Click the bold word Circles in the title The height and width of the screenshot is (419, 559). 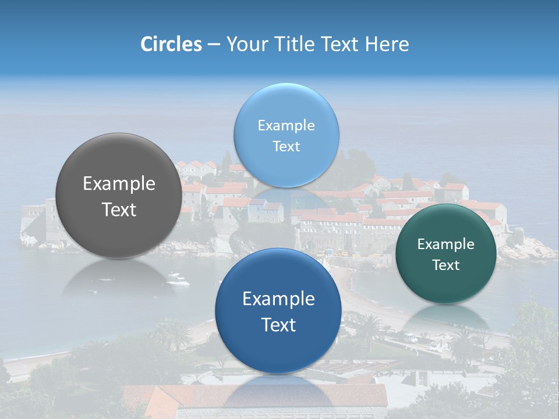(171, 44)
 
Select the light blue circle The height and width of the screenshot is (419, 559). (286, 169)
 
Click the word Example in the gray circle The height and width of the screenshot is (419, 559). (119, 184)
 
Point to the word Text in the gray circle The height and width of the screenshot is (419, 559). (119, 210)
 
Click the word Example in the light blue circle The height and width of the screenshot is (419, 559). (286, 126)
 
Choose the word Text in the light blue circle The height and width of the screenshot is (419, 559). (286, 147)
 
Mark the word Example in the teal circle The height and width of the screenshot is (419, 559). (446, 244)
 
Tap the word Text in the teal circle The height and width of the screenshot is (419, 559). (446, 265)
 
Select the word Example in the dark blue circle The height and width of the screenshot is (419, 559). (278, 299)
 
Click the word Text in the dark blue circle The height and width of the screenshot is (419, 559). (278, 325)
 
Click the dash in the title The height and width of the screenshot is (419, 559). (214, 44)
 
